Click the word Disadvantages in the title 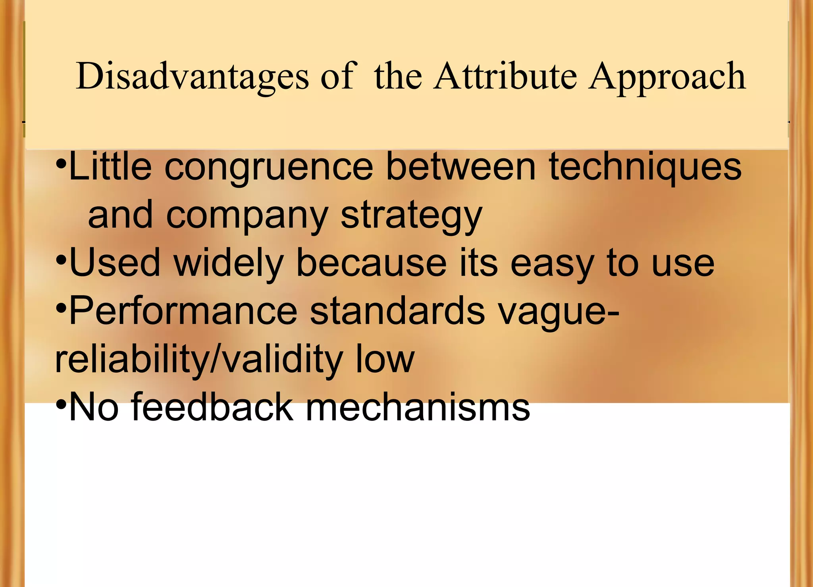(x=192, y=76)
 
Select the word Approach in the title (x=667, y=76)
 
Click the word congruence (x=269, y=168)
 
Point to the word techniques (x=645, y=168)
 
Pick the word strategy (x=411, y=216)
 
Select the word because (x=372, y=263)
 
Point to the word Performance (x=183, y=311)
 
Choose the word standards (x=397, y=311)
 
